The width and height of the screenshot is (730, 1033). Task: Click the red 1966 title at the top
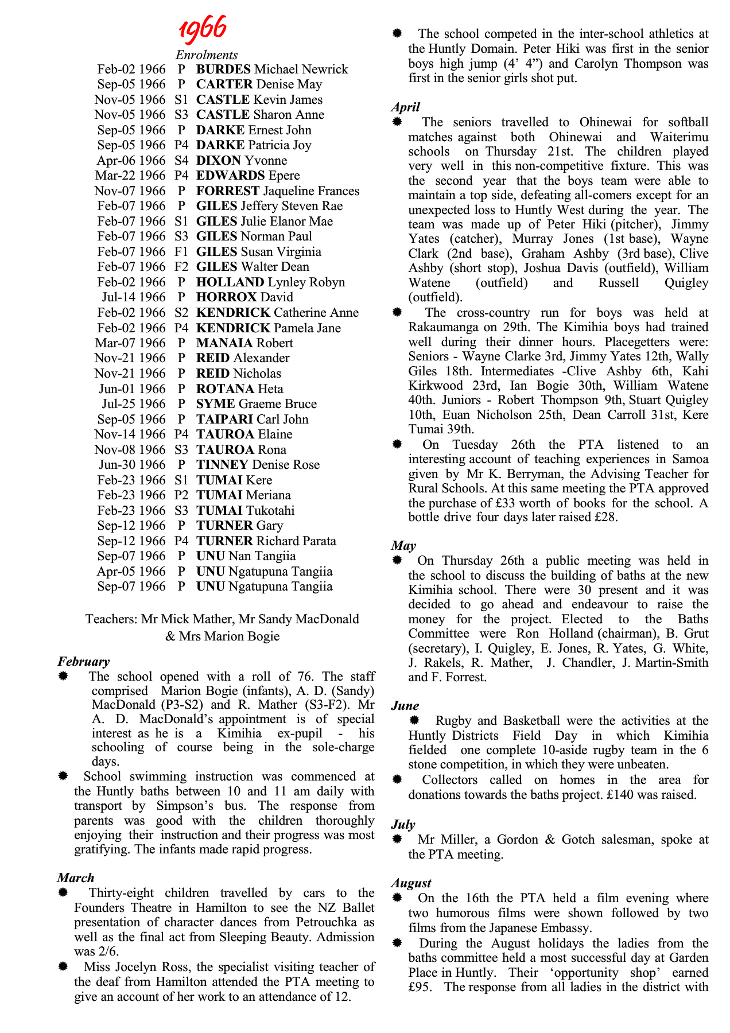(203, 28)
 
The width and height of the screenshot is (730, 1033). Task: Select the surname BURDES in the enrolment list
(223, 69)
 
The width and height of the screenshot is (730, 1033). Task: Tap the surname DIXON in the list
(219, 161)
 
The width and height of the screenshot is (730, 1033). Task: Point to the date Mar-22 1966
(131, 176)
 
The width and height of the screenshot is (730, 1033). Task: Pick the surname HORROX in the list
(226, 297)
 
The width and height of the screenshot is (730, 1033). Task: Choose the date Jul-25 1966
(134, 404)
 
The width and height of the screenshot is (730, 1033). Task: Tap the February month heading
(83, 662)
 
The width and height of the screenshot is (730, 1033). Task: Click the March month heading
(75, 878)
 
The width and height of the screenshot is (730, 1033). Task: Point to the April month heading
(406, 107)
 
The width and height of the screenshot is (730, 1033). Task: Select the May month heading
(403, 546)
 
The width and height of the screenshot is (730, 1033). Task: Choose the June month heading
(405, 706)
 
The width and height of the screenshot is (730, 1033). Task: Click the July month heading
(403, 825)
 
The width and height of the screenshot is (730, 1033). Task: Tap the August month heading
(411, 883)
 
